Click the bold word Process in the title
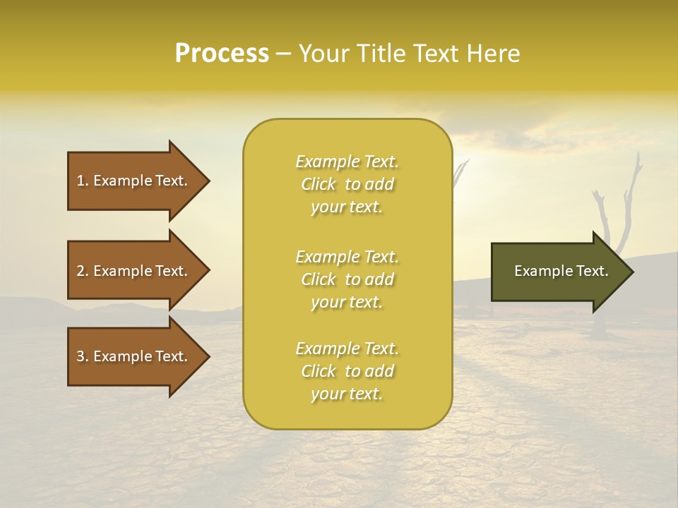(222, 54)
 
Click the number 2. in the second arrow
(83, 271)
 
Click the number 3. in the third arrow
(83, 356)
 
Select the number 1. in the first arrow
(82, 181)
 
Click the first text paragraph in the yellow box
(347, 184)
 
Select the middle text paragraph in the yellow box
(347, 279)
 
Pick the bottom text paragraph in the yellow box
(347, 371)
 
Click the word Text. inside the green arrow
(592, 271)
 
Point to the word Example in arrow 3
(123, 356)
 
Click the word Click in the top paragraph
(319, 184)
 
